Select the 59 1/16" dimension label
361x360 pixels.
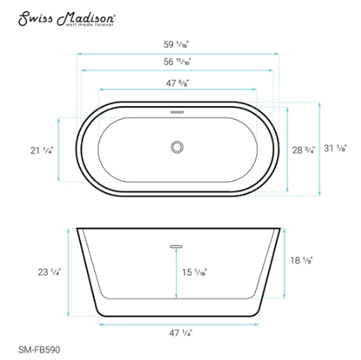(x=179, y=43)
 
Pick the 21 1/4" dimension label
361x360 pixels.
(x=42, y=150)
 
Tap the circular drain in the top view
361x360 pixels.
(x=178, y=147)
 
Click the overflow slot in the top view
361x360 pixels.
(x=178, y=112)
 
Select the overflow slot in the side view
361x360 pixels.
(x=178, y=244)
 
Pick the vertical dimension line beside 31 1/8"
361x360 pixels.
(x=320, y=148)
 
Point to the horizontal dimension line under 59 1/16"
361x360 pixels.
(x=179, y=52)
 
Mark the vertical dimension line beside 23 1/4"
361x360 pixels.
(x=70, y=272)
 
